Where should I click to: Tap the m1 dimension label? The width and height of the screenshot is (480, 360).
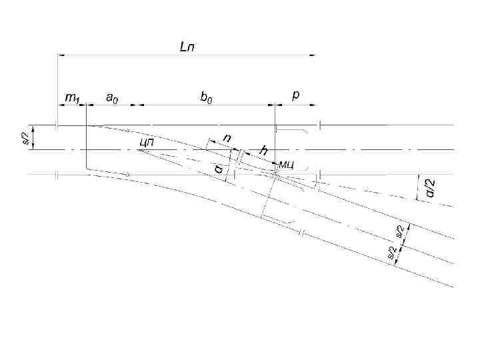71,98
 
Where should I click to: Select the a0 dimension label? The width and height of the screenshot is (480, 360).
112,98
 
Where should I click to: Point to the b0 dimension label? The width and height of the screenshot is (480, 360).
207,97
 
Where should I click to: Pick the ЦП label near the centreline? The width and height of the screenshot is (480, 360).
147,141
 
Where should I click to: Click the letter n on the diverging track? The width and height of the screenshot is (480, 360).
227,137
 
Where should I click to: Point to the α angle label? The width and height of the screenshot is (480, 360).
219,169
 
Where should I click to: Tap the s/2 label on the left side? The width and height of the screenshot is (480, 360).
26,138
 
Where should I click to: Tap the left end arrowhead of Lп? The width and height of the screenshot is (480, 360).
61,55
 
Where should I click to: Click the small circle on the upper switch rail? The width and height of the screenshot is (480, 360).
127,131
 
